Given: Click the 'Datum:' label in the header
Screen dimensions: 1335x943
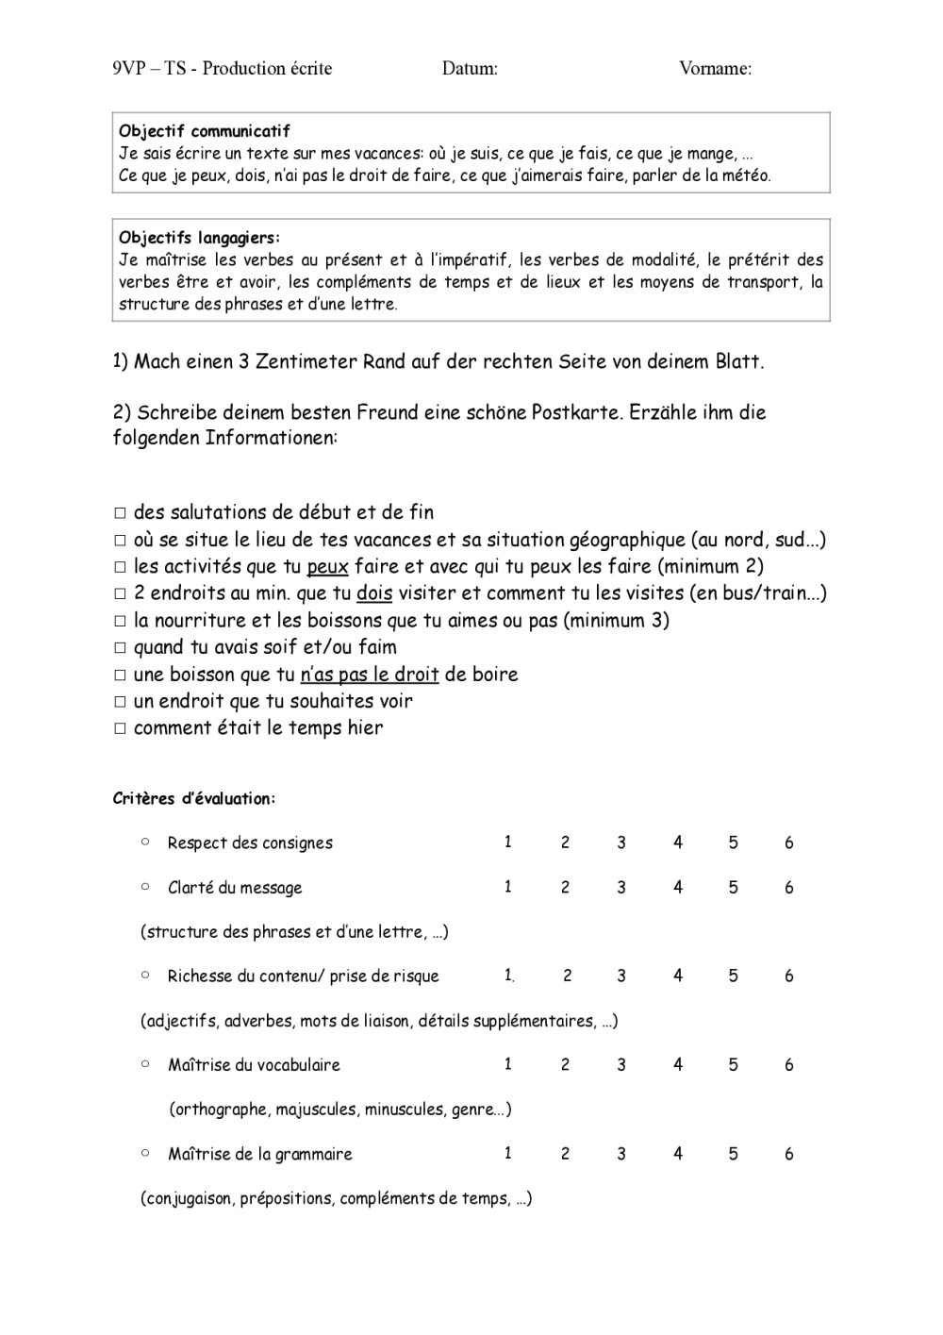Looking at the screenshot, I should pyautogui.click(x=470, y=68).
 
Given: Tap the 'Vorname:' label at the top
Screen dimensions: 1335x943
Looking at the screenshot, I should pyautogui.click(x=715, y=68).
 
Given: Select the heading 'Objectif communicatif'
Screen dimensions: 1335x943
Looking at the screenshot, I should pyautogui.click(x=205, y=131).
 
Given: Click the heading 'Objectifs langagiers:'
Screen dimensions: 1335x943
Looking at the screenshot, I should pyautogui.click(x=200, y=238).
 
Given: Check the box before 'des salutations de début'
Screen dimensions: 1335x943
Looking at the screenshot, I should pyautogui.click(x=120, y=514).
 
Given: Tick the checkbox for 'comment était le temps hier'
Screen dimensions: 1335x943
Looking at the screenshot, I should pyautogui.click(x=120, y=729).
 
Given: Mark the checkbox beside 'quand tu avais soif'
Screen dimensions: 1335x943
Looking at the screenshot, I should pyautogui.click(x=120, y=648).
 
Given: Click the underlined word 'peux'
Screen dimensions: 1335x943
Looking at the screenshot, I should pyautogui.click(x=328, y=567).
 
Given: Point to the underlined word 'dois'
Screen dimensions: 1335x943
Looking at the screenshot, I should pyautogui.click(x=374, y=593).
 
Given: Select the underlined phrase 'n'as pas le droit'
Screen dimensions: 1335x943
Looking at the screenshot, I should pyautogui.click(x=370, y=675).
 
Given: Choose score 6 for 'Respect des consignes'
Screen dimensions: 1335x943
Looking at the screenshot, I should pyautogui.click(x=789, y=843).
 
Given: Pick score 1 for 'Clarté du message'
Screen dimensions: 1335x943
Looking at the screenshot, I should pyautogui.click(x=507, y=887).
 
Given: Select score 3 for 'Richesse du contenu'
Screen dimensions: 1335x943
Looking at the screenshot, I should pyautogui.click(x=620, y=976).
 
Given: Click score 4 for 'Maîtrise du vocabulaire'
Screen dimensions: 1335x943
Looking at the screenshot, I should pyautogui.click(x=677, y=1064).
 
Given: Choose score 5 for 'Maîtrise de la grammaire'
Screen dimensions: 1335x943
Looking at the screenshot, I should pyautogui.click(x=733, y=1153).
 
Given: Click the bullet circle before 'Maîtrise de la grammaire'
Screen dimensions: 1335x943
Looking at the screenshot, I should pyautogui.click(x=145, y=1152).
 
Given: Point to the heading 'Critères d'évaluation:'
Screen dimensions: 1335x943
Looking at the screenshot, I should pyautogui.click(x=194, y=799).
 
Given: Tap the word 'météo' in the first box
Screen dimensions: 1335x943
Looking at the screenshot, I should pyautogui.click(x=749, y=175).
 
